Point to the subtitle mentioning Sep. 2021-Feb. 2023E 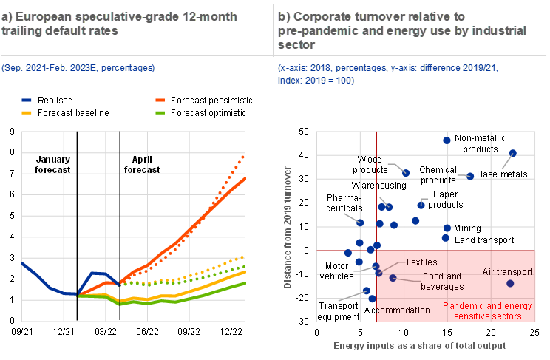[x=78, y=68]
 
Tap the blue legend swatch [x=27, y=99]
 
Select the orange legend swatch [x=160, y=99]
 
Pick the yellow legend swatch [x=27, y=112]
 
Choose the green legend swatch [x=160, y=112]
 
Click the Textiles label [x=421, y=262]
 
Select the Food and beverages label [x=442, y=281]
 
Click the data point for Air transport [x=509, y=283]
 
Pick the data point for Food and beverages [x=393, y=278]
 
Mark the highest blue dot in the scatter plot [x=447, y=140]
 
